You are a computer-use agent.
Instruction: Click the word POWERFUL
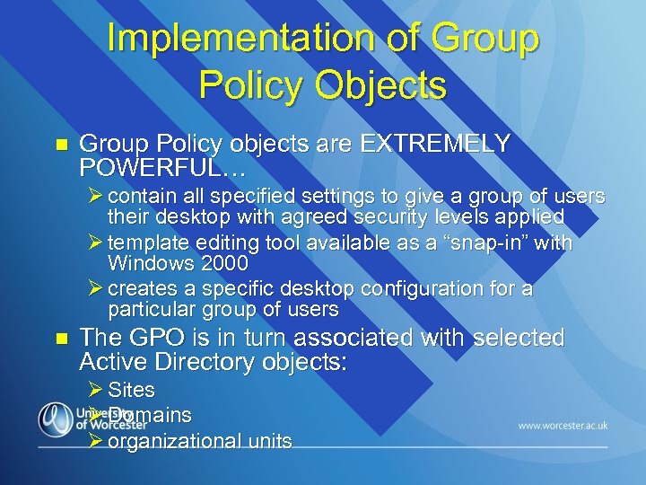[148, 167]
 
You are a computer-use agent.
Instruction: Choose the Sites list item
[131, 391]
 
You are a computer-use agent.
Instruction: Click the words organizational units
[199, 441]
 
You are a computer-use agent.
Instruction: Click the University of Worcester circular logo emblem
[55, 419]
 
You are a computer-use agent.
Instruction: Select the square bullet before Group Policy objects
[61, 145]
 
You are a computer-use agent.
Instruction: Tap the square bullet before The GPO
[61, 339]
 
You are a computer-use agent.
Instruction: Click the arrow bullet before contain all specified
[96, 196]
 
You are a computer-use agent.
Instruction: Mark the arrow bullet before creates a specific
[96, 288]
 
